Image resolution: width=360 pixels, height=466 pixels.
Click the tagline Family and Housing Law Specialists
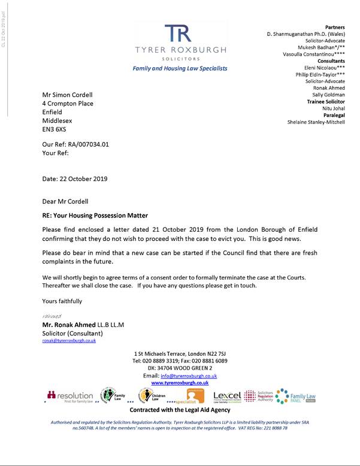point(180,68)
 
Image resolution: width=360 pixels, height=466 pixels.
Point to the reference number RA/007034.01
point(86,144)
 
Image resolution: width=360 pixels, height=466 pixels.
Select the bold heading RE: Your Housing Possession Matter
point(95,215)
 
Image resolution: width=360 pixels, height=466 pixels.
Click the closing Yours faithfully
point(62,301)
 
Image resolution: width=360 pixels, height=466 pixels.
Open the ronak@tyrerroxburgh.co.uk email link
point(68,340)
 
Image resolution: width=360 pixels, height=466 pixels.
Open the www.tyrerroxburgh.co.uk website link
point(180,382)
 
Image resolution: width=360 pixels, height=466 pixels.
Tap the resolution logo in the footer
point(71,396)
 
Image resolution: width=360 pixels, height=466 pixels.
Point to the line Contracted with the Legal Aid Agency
point(180,410)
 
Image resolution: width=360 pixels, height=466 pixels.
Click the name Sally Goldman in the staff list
point(328,95)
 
